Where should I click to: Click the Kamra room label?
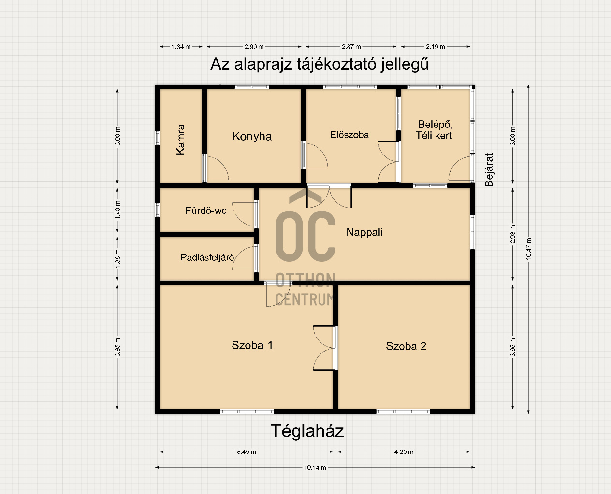[181, 140]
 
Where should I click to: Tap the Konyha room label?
[252, 136]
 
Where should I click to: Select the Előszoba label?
[349, 135]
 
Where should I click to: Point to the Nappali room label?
[364, 232]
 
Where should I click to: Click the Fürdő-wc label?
[206, 211]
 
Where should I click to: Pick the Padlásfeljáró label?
[207, 257]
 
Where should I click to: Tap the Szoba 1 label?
[252, 345]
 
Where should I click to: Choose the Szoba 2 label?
[406, 346]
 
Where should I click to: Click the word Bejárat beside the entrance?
[489, 170]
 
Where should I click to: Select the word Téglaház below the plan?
[307, 431]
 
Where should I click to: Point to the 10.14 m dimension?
[315, 467]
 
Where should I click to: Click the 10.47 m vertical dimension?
[529, 249]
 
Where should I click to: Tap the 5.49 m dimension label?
[247, 452]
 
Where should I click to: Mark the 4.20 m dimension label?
[404, 452]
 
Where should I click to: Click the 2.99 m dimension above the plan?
[254, 47]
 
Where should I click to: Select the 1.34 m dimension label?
[181, 47]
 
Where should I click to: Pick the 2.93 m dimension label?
[513, 234]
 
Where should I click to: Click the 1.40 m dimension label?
[117, 210]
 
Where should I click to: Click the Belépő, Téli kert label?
[434, 130]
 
